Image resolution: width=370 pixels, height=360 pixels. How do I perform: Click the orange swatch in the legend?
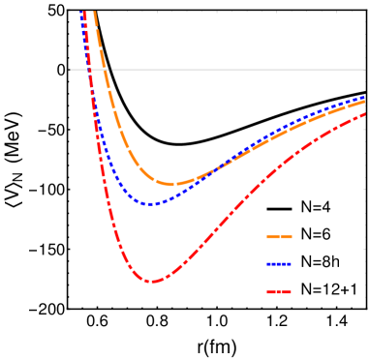[279, 236]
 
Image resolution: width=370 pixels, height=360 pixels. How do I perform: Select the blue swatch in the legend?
[279, 264]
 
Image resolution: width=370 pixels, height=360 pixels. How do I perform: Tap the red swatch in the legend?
[279, 291]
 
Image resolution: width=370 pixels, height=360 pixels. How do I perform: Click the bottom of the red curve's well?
[151, 282]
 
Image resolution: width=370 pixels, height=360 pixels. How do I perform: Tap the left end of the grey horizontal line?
[71, 70]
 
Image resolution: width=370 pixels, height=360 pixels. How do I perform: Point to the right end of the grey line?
[365, 70]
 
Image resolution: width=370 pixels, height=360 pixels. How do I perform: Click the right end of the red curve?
[365, 114]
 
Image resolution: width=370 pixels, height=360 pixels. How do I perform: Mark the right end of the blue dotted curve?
[365, 99]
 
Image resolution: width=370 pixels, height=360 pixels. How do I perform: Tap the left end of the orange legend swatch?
[267, 236]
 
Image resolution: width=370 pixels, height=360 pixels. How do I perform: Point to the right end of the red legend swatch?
[291, 291]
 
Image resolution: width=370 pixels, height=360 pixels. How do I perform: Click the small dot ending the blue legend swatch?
[291, 264]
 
